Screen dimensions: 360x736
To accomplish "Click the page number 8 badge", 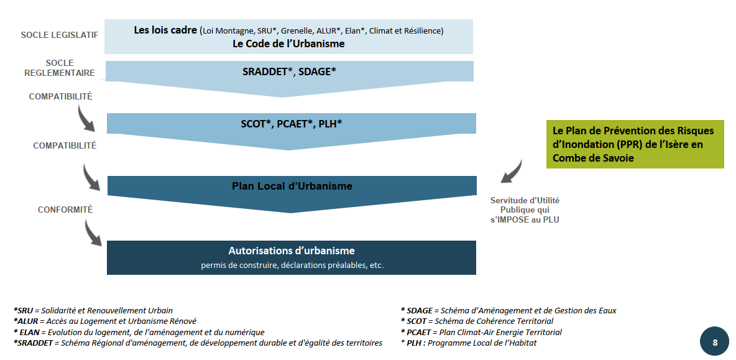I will click(715, 343).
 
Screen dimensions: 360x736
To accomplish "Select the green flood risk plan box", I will click(635, 144).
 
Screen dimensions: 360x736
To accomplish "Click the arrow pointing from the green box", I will click(512, 172).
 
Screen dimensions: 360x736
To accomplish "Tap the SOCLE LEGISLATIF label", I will click(59, 35).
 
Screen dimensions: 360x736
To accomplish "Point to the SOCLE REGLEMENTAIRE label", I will click(60, 68).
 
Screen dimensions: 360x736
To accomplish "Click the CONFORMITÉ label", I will click(65, 210).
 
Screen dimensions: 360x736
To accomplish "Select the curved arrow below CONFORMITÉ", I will click(93, 233).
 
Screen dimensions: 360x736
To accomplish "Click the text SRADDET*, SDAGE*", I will click(289, 72).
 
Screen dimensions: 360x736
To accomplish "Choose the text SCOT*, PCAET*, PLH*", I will click(291, 124).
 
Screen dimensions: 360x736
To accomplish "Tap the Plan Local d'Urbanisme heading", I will click(292, 186).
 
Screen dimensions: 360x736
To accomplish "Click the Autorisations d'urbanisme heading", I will click(292, 251).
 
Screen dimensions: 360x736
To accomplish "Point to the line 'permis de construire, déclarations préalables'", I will click(292, 265).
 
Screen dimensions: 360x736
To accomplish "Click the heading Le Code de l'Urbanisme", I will click(288, 44).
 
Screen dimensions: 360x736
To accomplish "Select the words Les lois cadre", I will click(165, 30).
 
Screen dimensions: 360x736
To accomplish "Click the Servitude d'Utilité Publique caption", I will click(525, 210).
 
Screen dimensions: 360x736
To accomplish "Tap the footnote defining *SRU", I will click(93, 310).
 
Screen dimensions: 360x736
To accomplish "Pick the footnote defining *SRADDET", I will click(198, 343).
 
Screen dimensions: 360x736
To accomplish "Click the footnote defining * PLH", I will click(469, 343).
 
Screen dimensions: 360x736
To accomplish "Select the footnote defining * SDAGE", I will click(508, 310).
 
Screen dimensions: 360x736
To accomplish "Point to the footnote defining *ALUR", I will click(105, 321).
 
